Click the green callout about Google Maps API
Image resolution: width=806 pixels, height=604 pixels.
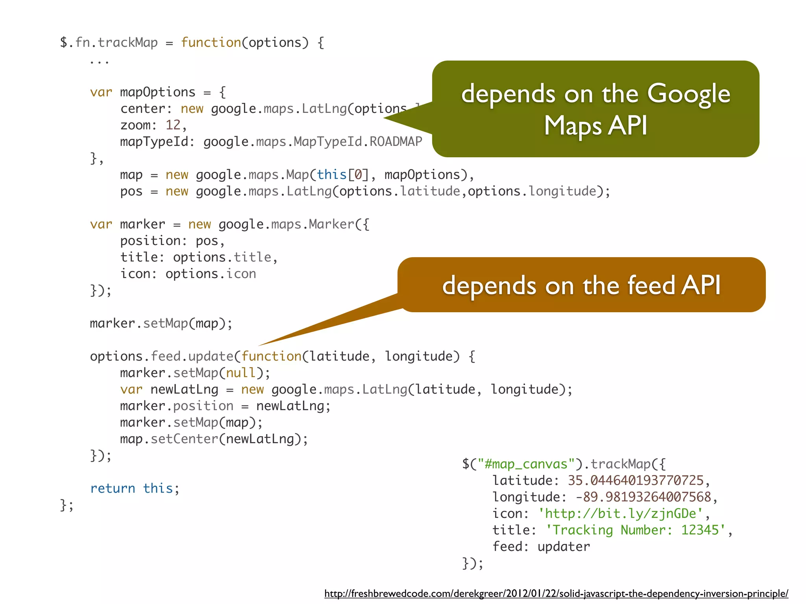[x=595, y=109]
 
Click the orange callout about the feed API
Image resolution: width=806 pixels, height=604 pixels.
[x=581, y=285]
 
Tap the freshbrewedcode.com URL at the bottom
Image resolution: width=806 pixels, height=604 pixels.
[x=556, y=593]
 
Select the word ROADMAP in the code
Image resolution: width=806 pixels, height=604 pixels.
[x=396, y=142]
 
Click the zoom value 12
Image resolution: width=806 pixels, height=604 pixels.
[x=173, y=125]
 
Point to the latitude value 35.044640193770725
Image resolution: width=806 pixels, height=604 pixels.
[x=635, y=481]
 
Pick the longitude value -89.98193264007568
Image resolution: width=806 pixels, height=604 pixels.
[x=643, y=497]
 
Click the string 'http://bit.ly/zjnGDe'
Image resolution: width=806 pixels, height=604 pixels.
[x=620, y=514]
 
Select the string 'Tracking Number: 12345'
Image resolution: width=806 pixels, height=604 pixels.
[x=635, y=530]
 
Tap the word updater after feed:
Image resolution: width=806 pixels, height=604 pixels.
[x=564, y=547]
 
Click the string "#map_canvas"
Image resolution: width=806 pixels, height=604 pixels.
[x=526, y=464]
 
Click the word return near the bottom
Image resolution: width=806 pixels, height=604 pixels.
[x=113, y=488]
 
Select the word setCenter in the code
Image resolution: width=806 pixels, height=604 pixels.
[x=184, y=439]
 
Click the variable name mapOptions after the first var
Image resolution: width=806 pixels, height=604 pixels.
[x=157, y=92]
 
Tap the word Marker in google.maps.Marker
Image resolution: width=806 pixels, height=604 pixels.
[x=331, y=224]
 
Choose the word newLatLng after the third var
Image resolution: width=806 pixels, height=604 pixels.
[x=184, y=389]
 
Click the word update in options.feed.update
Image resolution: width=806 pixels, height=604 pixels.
[x=211, y=356]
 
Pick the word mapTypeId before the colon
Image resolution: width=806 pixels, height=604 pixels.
[x=154, y=142]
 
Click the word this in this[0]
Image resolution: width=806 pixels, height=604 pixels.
[x=331, y=175]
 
